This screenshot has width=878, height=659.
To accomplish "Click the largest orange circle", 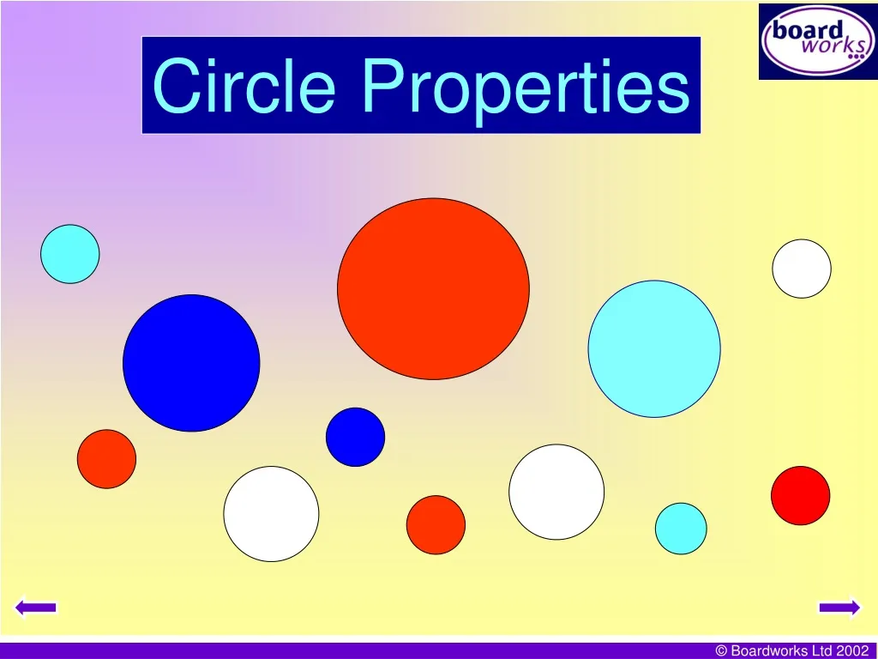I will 433,288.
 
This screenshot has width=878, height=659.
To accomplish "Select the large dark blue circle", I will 191,363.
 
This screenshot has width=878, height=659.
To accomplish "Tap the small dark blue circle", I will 355,437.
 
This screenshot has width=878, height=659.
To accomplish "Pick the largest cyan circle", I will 654,348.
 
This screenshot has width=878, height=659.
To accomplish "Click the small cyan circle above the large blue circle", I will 70,254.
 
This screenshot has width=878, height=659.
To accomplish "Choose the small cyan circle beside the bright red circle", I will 681,528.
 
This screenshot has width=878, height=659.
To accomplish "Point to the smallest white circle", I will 802,269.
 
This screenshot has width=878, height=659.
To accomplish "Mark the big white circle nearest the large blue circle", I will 271,514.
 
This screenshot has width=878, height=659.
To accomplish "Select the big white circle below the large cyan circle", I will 556,492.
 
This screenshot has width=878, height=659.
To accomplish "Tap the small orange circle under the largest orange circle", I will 436,524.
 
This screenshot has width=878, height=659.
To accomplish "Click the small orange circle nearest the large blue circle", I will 106,459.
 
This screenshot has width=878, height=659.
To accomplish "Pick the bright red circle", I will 800,495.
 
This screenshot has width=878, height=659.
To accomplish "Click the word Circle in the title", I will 244,86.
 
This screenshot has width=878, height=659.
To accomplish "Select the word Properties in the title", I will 525,86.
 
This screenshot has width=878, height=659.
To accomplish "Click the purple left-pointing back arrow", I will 36,608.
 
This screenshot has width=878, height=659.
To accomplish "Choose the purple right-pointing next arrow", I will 839,608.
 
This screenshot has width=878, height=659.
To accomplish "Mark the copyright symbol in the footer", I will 722,651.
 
